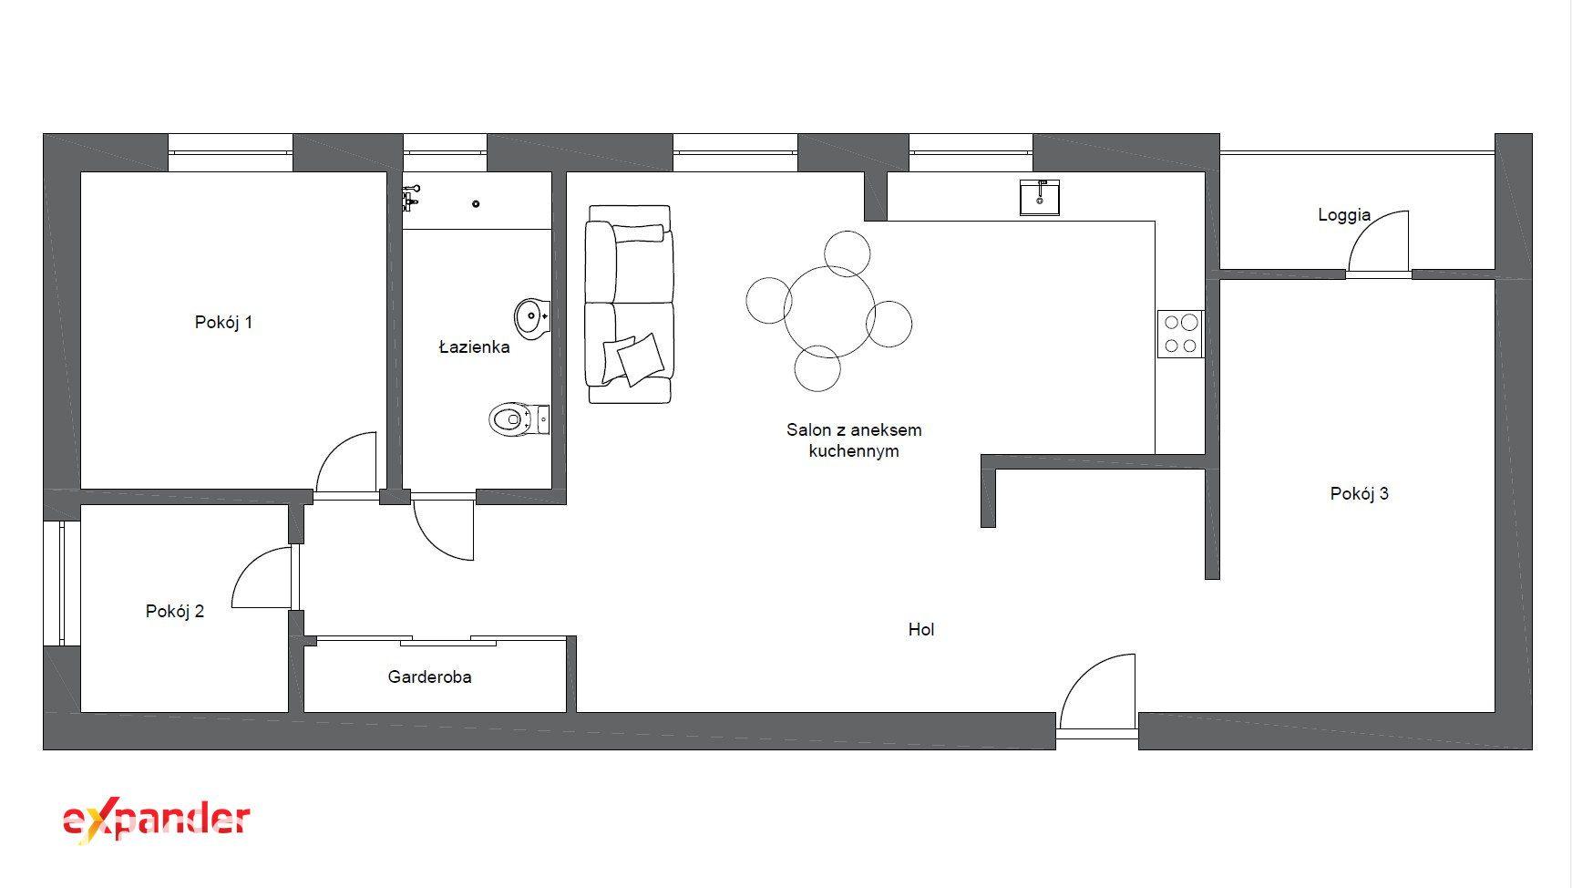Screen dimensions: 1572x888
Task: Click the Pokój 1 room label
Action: [223, 322]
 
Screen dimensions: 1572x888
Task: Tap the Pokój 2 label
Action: [175, 611]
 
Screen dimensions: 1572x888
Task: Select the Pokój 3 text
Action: [1359, 493]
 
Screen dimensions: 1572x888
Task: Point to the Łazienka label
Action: [474, 346]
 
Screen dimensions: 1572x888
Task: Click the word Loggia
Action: [1344, 215]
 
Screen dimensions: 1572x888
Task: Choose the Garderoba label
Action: [429, 676]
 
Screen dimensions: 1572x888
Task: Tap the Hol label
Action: [920, 629]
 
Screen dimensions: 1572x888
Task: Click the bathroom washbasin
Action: [532, 317]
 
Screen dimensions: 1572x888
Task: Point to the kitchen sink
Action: [1040, 197]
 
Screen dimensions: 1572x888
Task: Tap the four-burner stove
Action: [1181, 334]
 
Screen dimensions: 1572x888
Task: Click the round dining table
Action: [829, 311]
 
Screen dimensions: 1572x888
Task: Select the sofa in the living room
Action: [629, 304]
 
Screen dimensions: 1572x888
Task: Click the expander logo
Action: [156, 821]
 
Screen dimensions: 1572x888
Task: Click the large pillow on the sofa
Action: [641, 358]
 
